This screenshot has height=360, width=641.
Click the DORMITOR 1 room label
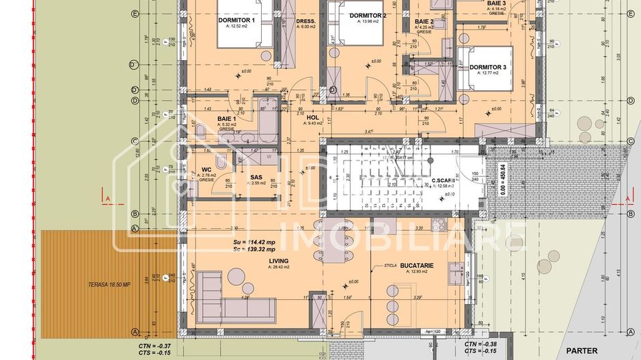(236, 20)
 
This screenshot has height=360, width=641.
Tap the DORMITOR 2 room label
(368, 16)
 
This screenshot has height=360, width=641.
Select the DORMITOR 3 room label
(488, 67)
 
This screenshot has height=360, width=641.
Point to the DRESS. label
(305, 21)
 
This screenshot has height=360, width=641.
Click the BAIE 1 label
(227, 118)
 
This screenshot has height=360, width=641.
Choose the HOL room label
(314, 117)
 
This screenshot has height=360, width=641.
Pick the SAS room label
(257, 176)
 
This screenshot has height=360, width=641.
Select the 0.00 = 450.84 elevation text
(503, 180)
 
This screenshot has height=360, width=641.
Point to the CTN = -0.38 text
(480, 344)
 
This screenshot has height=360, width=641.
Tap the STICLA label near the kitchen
(390, 264)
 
